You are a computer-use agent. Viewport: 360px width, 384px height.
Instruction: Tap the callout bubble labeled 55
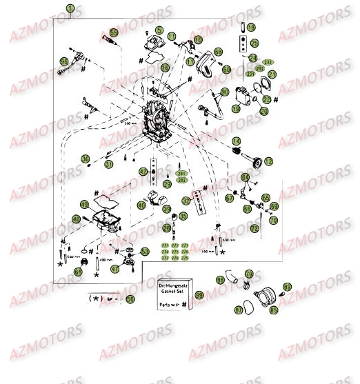click(114, 32)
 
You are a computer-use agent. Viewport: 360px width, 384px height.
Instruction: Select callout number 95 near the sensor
click(66, 61)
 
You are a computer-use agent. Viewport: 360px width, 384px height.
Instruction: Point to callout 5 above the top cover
click(159, 30)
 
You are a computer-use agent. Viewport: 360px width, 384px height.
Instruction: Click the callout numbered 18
click(251, 28)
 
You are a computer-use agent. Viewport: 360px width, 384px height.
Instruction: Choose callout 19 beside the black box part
click(236, 108)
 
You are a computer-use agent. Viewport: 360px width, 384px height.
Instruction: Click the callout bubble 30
click(85, 159)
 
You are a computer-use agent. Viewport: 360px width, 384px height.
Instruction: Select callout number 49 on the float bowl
click(85, 205)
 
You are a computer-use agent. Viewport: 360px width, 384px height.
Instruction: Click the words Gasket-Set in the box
click(171, 292)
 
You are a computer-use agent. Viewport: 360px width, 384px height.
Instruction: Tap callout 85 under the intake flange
click(274, 310)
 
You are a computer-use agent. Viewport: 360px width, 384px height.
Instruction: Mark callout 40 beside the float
click(140, 205)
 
